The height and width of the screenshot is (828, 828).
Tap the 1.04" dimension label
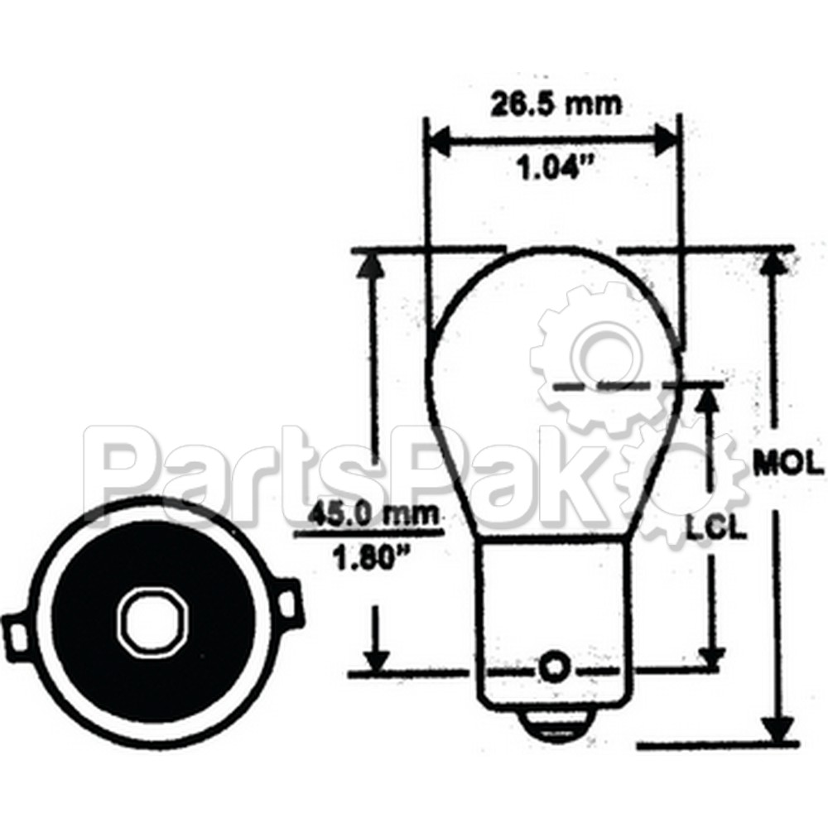pos(556,171)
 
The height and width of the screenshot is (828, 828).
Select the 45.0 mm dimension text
pos(371,515)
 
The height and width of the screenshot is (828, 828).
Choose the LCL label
pos(717,528)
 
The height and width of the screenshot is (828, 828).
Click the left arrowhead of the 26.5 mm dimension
pos(437,141)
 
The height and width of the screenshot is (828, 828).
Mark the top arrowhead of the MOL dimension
pos(774,263)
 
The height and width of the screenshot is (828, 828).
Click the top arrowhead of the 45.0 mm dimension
pos(373,265)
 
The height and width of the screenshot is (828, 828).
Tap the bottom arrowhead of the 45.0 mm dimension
pos(377,660)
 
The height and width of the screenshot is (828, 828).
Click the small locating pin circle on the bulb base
pos(552,665)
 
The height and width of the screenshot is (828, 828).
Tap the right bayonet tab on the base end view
pos(286,604)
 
